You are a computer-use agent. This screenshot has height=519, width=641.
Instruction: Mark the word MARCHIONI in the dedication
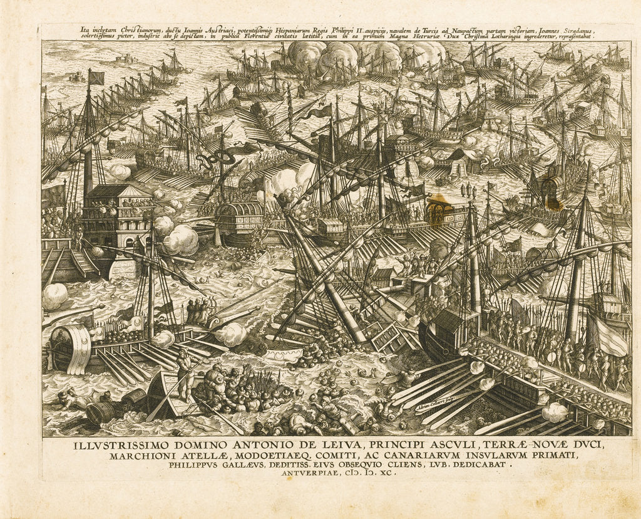pyautogui.click(x=141, y=456)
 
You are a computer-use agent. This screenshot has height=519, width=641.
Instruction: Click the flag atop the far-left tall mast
pyautogui.click(x=95, y=78)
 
